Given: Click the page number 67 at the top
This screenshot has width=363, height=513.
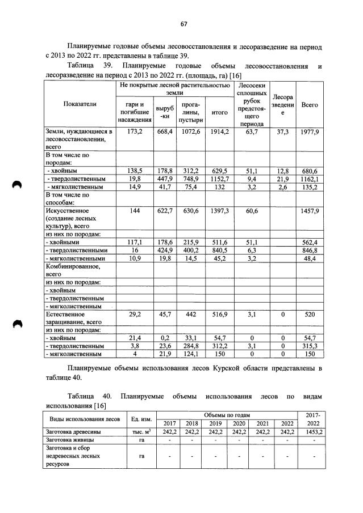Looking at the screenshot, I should (x=183, y=23).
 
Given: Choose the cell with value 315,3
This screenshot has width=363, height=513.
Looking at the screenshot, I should (x=310, y=345).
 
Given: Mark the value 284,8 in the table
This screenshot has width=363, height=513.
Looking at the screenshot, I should (x=190, y=345).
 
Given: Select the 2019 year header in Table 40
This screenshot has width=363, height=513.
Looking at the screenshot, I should (x=215, y=423).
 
